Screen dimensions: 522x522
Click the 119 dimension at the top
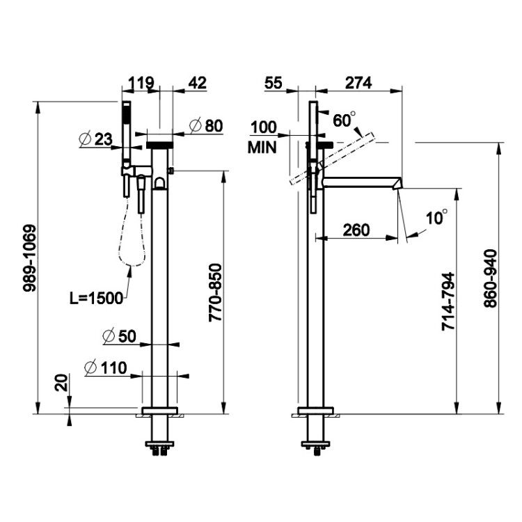pyautogui.click(x=141, y=83)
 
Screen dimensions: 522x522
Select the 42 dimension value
pyautogui.click(x=198, y=83)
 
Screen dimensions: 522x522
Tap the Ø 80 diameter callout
pyautogui.click(x=206, y=126)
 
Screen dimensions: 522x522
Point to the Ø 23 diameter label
pyautogui.click(x=96, y=139)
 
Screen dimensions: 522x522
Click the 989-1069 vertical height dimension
pyautogui.click(x=29, y=258)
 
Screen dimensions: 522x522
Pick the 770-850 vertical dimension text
pyautogui.click(x=215, y=292)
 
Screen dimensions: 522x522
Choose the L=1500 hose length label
pyautogui.click(x=97, y=298)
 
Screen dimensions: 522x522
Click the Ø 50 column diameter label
pyautogui.click(x=119, y=336)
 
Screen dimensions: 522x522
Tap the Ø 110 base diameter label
pyautogui.click(x=106, y=368)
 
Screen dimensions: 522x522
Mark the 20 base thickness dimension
pyautogui.click(x=61, y=383)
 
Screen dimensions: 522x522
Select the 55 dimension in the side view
pyautogui.click(x=274, y=83)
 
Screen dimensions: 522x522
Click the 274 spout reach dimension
pyautogui.click(x=358, y=83)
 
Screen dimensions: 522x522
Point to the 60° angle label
pyautogui.click(x=344, y=120)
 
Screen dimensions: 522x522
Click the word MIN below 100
pyautogui.click(x=262, y=148)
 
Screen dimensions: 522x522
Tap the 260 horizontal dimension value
pyautogui.click(x=356, y=230)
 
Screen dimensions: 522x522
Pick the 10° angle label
pyautogui.click(x=436, y=217)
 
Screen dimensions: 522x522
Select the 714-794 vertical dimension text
pyautogui.click(x=448, y=301)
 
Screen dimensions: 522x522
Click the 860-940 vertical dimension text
pyautogui.click(x=491, y=278)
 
